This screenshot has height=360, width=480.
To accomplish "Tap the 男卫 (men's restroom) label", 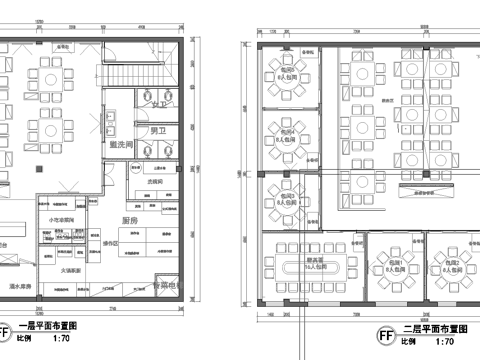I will (x=158, y=131).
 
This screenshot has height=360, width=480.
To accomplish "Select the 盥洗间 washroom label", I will (x=123, y=146).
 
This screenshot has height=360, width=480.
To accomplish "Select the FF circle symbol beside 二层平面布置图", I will (x=384, y=333).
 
